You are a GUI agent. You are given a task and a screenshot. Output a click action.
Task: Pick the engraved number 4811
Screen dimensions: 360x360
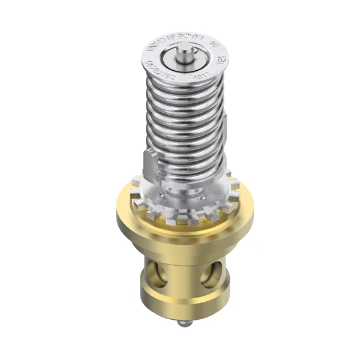coord(199,77)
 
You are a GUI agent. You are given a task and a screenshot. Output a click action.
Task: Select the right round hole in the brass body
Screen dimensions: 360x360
coord(211,275)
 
